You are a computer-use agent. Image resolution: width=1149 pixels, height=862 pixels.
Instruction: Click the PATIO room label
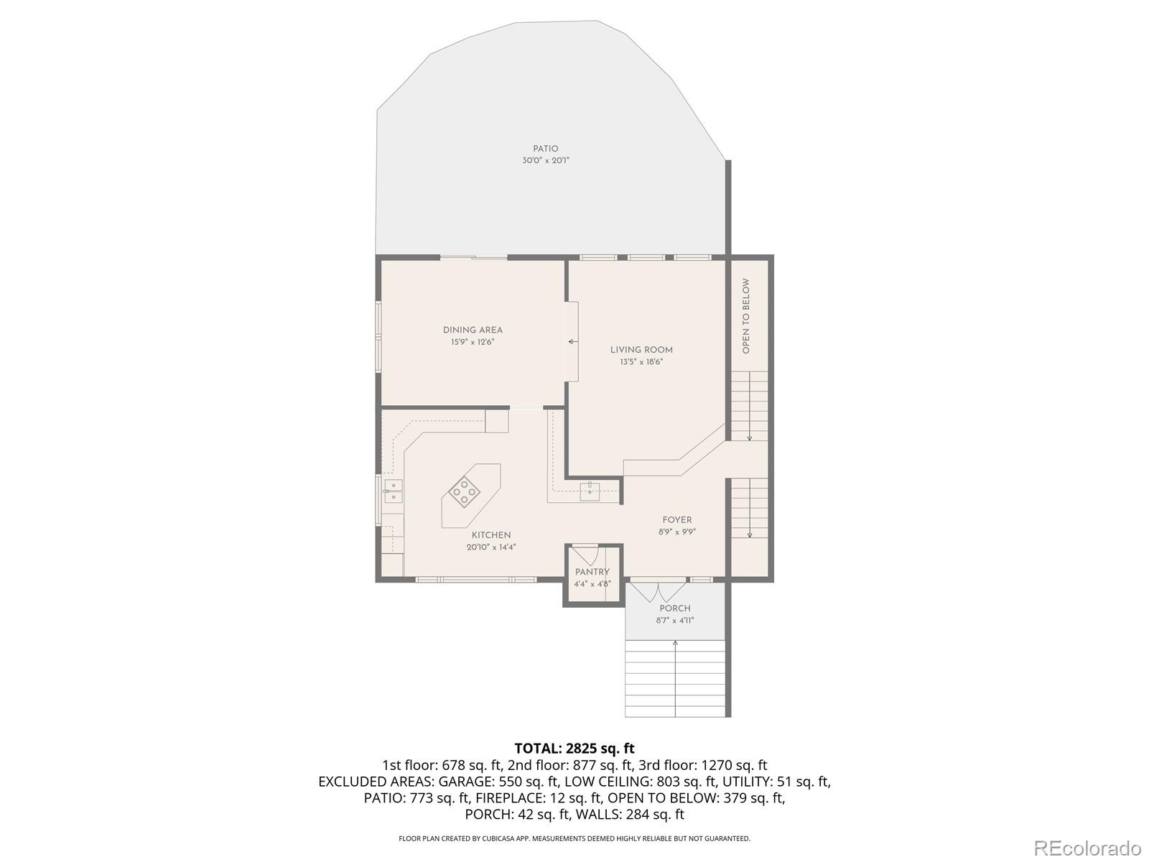click(545, 149)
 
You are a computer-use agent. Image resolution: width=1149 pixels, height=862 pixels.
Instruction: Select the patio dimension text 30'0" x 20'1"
click(545, 161)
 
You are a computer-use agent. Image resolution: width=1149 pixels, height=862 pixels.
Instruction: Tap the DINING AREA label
click(473, 330)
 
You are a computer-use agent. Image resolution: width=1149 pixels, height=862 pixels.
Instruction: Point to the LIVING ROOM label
click(641, 350)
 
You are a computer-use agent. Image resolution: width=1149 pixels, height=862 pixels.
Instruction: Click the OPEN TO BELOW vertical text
click(746, 316)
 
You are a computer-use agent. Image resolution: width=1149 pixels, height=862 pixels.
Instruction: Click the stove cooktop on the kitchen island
click(465, 492)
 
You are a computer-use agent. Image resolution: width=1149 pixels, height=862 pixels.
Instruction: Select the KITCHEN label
click(491, 535)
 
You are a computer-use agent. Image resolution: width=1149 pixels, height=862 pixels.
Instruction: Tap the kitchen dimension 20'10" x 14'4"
click(491, 547)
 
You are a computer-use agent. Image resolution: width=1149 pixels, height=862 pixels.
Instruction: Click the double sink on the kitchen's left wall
click(393, 491)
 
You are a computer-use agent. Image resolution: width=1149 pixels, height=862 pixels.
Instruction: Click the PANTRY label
click(592, 573)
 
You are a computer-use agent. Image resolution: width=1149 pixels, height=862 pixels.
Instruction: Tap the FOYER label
click(677, 520)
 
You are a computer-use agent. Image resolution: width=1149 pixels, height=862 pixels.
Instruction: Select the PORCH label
click(675, 608)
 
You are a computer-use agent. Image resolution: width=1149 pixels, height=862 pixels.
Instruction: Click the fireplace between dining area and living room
click(572, 341)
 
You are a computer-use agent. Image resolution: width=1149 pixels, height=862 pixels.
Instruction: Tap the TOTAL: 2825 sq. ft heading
click(574, 749)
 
